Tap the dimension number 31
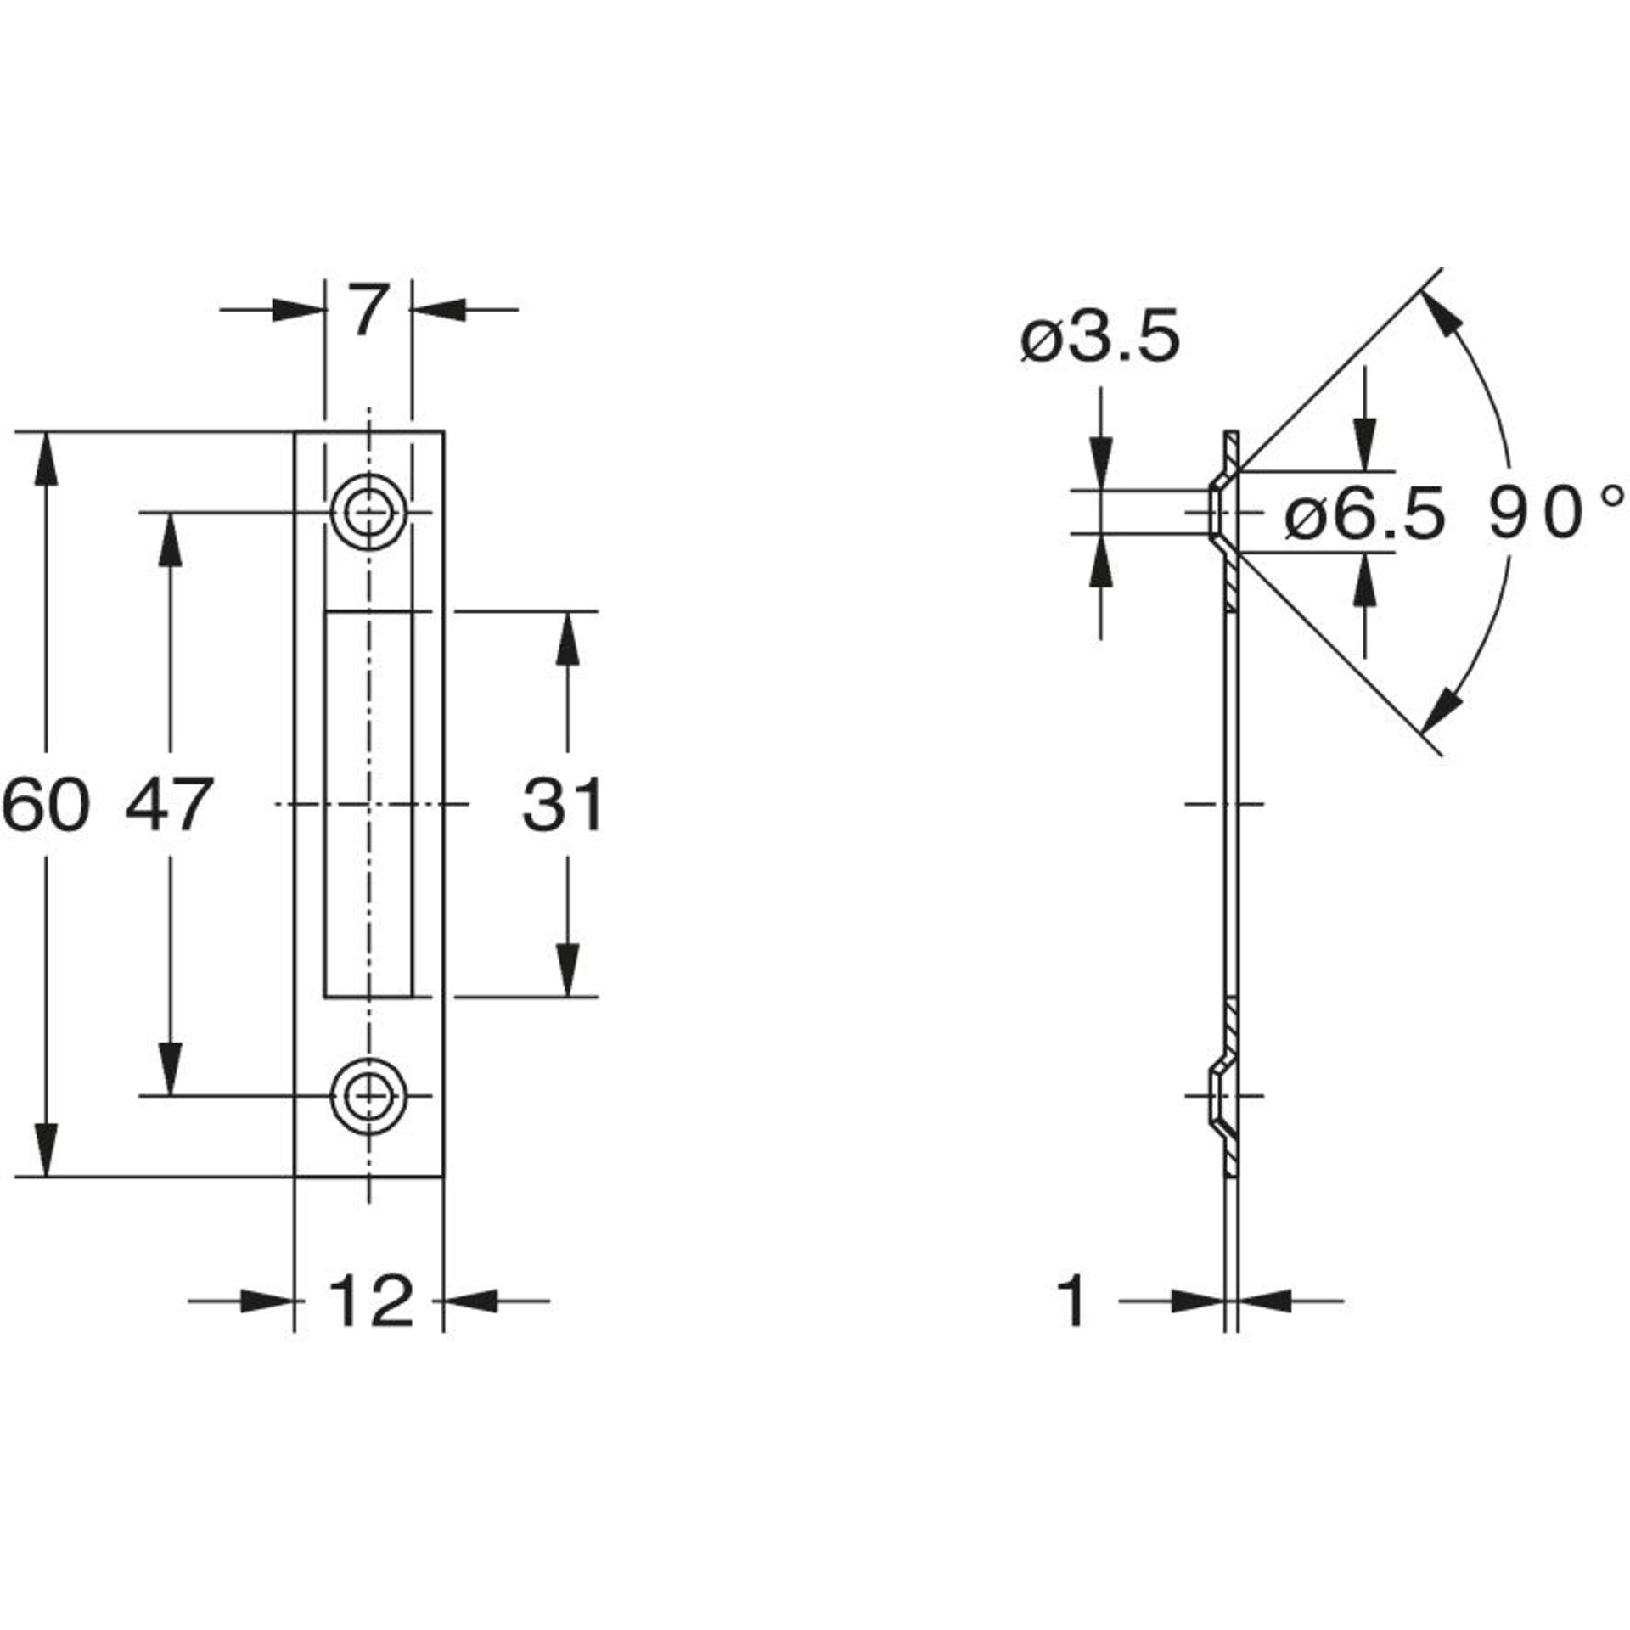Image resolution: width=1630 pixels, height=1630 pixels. [562, 804]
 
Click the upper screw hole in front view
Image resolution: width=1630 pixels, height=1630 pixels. [368, 513]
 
